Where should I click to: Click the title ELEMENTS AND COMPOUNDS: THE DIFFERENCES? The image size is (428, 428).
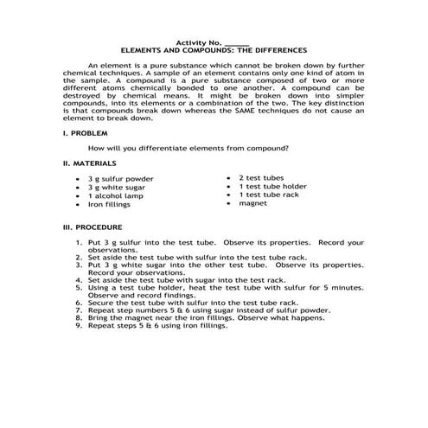[213, 50]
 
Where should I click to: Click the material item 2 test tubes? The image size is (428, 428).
[262, 176]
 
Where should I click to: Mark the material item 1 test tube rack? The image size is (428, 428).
[267, 195]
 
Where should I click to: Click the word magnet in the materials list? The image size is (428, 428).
[252, 203]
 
